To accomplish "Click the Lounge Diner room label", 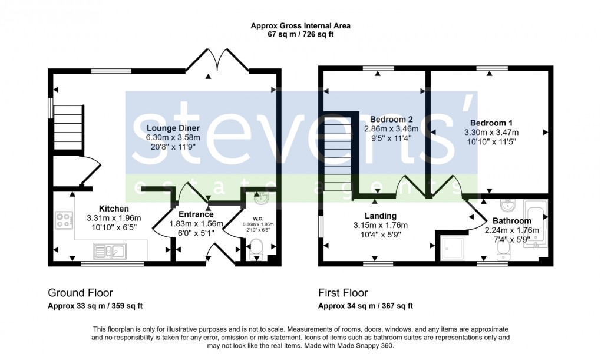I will [173, 128].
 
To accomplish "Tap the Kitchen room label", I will [114, 209].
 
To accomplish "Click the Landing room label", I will [380, 216].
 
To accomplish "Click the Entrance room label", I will [196, 214].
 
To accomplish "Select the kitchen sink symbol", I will [110, 253].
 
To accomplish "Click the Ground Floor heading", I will [80, 293].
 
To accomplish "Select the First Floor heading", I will [343, 293].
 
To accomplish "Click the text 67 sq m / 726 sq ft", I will [300, 35].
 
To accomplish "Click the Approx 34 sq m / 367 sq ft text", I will [365, 306].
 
